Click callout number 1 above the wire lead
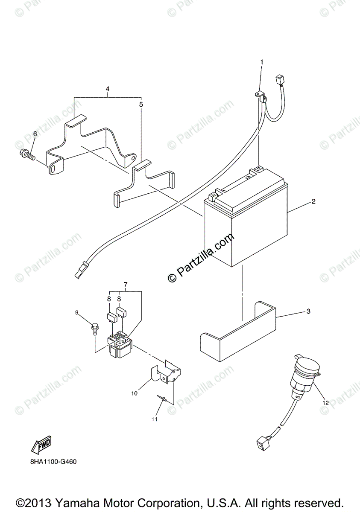click(262, 62)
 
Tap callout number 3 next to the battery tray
click(308, 311)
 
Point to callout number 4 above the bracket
click(108, 89)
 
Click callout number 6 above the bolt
click(35, 134)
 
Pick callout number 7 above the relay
click(126, 284)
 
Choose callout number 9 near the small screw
click(77, 313)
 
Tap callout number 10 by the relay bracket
click(135, 393)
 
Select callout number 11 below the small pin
click(154, 419)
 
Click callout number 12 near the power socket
click(325, 402)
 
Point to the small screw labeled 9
click(94, 327)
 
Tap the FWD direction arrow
click(41, 444)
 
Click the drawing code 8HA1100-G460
click(53, 462)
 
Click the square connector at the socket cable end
click(260, 442)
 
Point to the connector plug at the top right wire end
click(280, 79)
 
